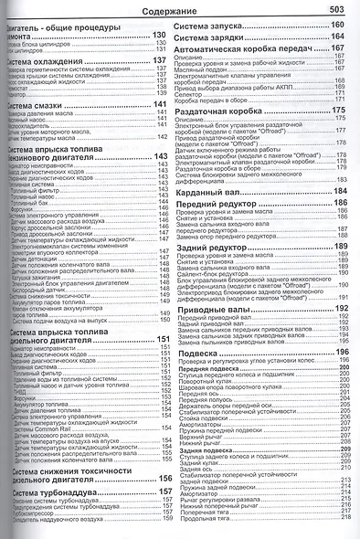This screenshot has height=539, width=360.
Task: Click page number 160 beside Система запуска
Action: (337, 25)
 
